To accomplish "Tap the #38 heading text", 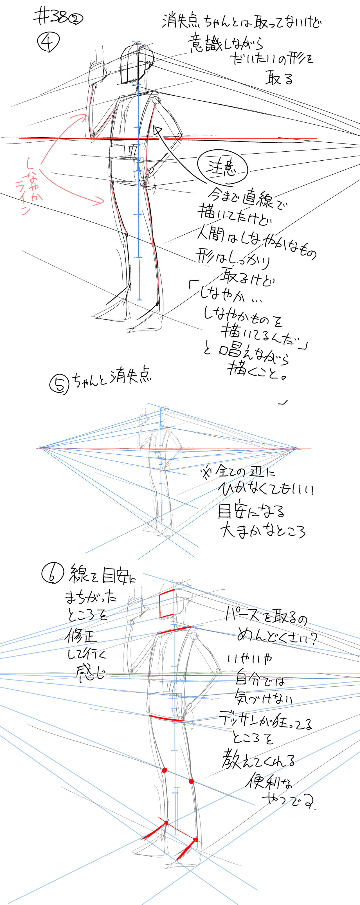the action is click(x=52, y=17).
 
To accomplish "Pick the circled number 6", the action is click(x=52, y=573).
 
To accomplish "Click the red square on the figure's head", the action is click(x=167, y=604).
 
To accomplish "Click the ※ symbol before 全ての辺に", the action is click(x=205, y=472).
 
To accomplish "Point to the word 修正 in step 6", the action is click(x=80, y=636).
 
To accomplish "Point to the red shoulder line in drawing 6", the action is click(x=174, y=630).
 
